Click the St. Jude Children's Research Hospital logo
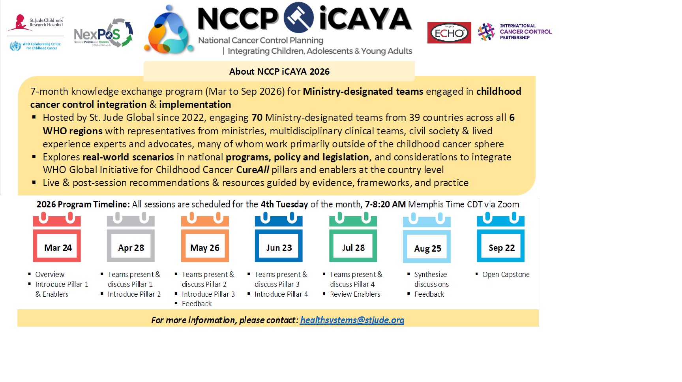[36, 23]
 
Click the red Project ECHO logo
[449, 33]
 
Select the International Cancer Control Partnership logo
[515, 32]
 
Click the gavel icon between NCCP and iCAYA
[299, 17]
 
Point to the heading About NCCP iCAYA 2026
[279, 72]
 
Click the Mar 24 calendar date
[58, 248]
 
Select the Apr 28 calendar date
[131, 248]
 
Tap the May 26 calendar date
[204, 248]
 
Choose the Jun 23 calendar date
[279, 248]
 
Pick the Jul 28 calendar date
[353, 248]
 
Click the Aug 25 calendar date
[427, 248]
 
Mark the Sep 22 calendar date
[501, 248]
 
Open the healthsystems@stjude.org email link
[352, 320]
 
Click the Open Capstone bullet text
[506, 274]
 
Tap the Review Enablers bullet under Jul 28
[355, 294]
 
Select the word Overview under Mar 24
[50, 274]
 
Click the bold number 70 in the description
[257, 118]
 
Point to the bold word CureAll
[253, 170]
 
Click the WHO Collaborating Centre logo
[36, 46]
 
